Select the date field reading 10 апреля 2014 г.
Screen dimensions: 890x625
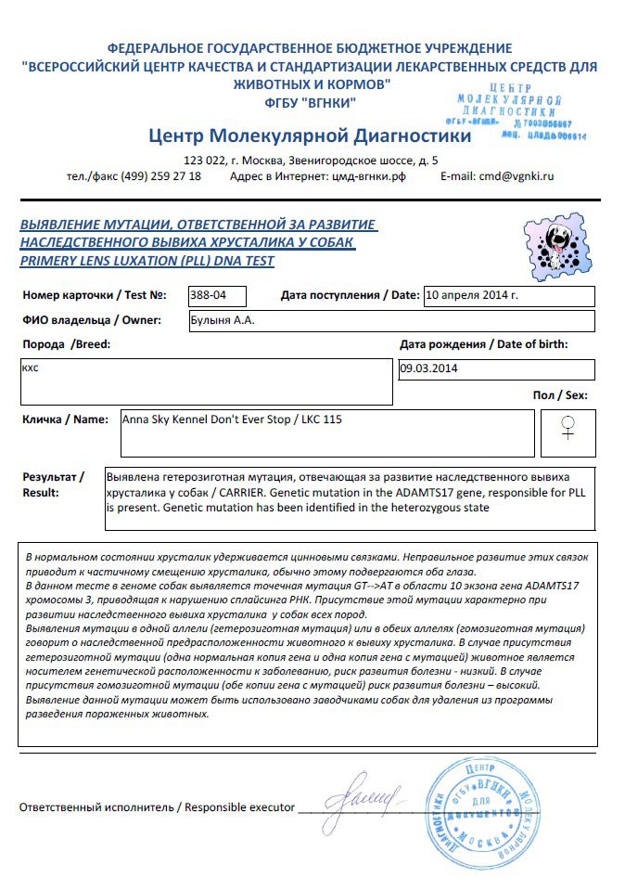508,296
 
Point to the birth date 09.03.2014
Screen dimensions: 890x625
495,368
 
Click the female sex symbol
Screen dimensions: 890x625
568,428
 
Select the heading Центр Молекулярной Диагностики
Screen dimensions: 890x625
310,136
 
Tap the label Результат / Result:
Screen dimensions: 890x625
54,484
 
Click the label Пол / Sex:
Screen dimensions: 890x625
560,395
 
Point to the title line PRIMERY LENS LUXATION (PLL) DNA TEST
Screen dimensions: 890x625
147,261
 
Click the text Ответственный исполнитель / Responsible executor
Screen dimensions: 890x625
157,807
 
